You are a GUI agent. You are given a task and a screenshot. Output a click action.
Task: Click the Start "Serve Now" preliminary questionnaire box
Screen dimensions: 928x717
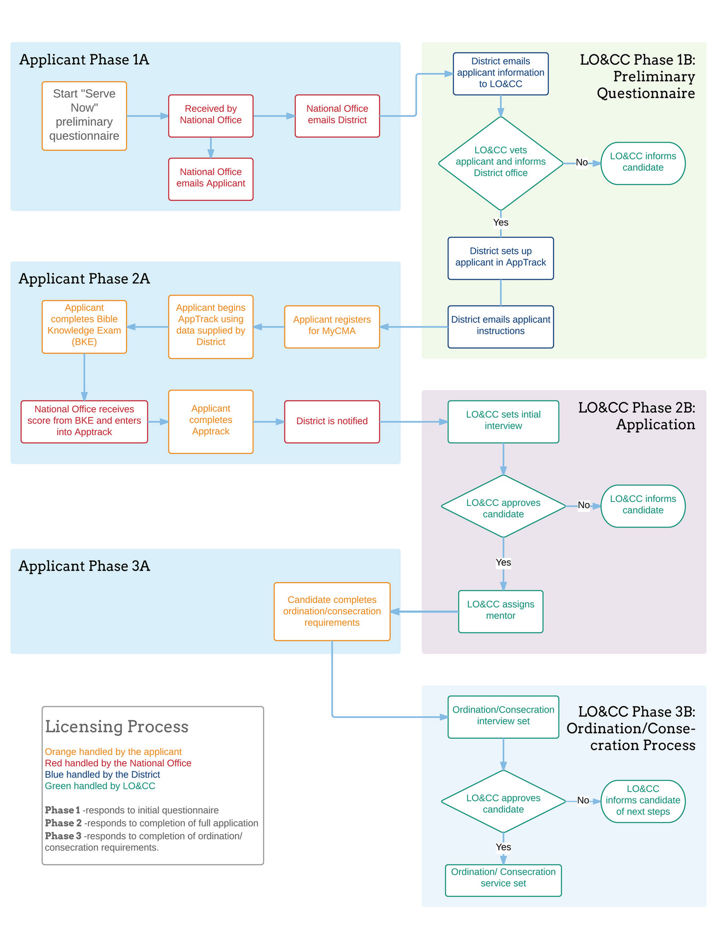(84, 116)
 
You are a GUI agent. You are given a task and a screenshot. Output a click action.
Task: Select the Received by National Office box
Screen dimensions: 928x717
(211, 116)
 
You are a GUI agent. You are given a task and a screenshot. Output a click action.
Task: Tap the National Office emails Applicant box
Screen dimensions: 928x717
(211, 179)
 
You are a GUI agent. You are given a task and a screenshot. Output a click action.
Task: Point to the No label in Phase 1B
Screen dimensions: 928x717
(581, 163)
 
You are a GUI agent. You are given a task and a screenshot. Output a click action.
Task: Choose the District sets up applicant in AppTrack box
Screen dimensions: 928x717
(500, 258)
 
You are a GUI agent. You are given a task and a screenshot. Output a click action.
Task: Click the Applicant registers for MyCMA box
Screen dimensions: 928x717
(331, 327)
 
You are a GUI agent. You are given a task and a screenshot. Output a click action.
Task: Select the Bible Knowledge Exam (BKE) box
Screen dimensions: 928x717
(84, 327)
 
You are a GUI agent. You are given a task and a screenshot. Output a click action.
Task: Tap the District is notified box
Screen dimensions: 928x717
(331, 421)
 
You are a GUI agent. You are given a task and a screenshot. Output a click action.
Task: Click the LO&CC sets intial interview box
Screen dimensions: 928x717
(503, 421)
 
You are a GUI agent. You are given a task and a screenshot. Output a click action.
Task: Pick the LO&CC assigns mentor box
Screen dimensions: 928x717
(500, 611)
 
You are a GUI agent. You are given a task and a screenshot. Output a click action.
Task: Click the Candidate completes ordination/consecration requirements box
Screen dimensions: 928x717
(331, 611)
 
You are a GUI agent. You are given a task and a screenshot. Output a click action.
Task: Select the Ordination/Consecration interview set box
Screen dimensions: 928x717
(503, 716)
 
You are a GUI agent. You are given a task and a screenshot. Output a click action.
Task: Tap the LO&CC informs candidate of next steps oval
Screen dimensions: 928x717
(643, 801)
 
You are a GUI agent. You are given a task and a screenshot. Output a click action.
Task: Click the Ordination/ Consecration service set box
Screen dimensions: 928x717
(503, 880)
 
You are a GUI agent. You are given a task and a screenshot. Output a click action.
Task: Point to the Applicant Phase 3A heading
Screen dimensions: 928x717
(84, 566)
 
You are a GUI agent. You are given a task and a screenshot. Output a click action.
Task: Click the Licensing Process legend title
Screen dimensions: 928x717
(116, 726)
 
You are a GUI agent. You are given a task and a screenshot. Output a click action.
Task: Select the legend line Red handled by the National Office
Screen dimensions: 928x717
(118, 763)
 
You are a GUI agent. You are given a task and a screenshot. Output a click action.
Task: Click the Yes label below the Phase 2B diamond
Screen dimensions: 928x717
(503, 563)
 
